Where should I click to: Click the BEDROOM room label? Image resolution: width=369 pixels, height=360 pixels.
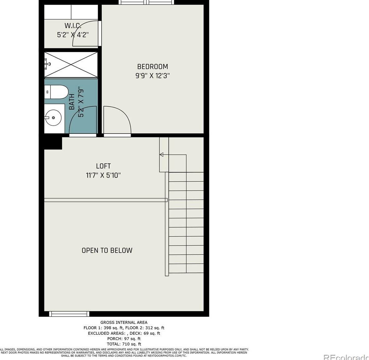point(153,66)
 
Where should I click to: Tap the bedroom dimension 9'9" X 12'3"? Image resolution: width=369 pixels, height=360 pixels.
point(153,75)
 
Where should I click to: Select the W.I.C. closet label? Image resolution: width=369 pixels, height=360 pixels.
point(73,26)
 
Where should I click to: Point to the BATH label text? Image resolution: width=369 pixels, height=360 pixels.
point(72,102)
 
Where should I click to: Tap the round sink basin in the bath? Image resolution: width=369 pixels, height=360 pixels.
point(53,118)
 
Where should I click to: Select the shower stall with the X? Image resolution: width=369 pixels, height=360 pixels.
point(71,64)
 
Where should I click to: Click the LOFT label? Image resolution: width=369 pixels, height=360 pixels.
point(103,166)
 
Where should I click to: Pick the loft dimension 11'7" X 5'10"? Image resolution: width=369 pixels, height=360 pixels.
point(103,175)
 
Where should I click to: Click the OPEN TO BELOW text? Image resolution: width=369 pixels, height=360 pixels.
point(107,250)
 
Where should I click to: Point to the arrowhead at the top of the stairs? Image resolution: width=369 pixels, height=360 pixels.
point(162,154)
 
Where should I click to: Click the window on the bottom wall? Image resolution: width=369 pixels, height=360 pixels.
point(69,314)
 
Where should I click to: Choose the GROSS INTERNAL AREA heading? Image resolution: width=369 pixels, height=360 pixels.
point(124,322)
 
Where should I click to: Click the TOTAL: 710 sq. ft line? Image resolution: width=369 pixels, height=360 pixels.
point(124,344)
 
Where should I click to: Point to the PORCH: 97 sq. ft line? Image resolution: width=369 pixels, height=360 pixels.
point(124,338)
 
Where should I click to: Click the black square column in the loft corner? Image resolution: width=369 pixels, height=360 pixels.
point(53,143)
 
